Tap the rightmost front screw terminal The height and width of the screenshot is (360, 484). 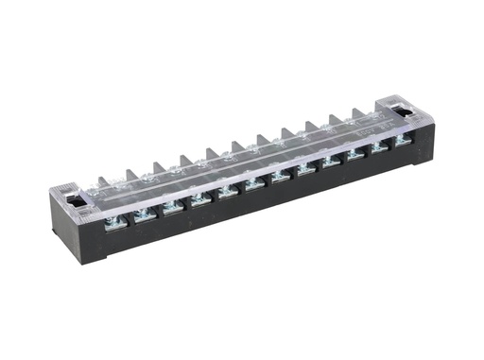402,141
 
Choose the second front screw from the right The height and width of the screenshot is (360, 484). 379,147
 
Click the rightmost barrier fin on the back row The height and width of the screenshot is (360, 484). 358,114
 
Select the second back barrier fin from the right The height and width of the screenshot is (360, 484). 335,120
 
